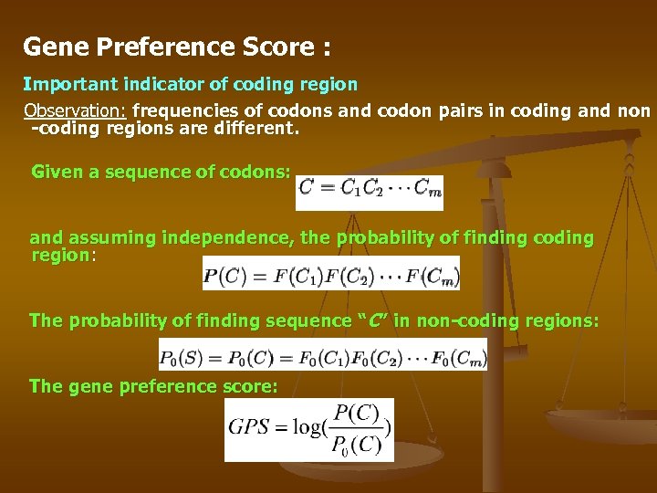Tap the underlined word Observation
point(76,111)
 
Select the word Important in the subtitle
point(67,84)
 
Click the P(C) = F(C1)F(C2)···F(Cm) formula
point(330,273)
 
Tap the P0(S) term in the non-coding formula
point(186,354)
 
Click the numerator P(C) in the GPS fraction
point(358,414)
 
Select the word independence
point(228,238)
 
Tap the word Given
point(57,171)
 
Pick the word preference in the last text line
point(162,386)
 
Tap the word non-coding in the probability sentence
point(442,320)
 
